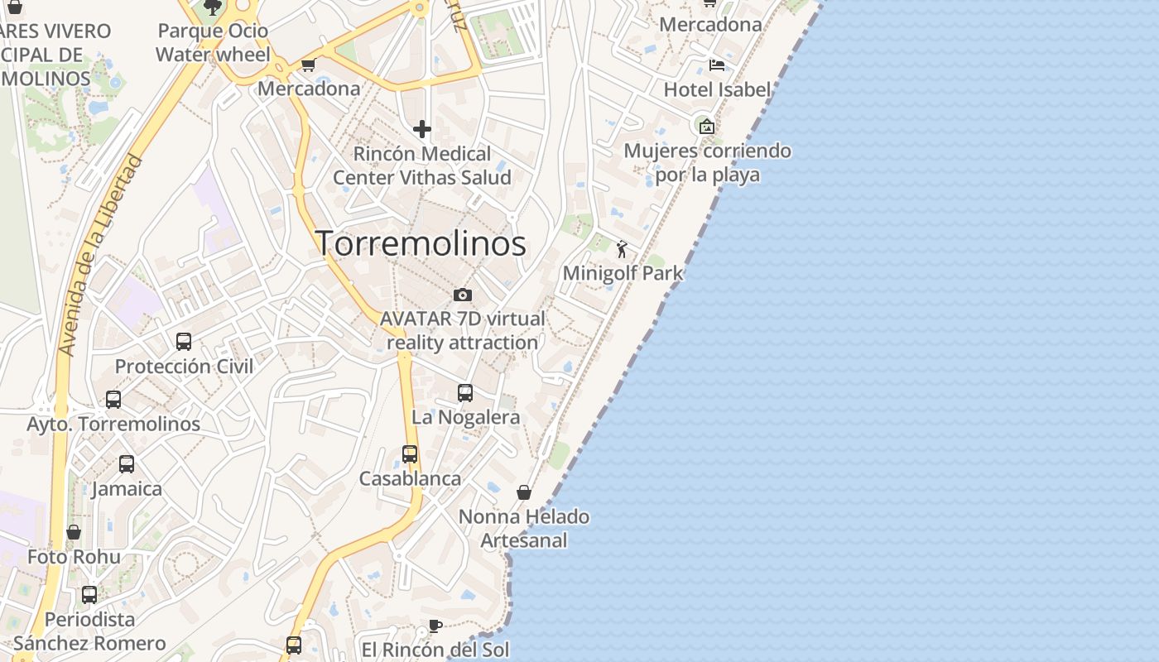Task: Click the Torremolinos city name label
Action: (421, 243)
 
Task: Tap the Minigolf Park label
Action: (623, 273)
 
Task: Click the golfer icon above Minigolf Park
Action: (622, 248)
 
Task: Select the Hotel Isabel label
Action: (717, 89)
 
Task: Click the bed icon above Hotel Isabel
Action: (717, 65)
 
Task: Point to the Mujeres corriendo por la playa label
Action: (707, 163)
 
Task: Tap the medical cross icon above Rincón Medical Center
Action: (422, 129)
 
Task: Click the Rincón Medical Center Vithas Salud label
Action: (422, 165)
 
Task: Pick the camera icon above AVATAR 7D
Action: (463, 295)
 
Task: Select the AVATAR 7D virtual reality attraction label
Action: (462, 330)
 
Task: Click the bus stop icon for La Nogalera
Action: (465, 393)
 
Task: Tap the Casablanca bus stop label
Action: (410, 478)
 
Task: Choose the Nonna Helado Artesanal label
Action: (524, 529)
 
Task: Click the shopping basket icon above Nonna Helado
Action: (524, 492)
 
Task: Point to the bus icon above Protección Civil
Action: (184, 342)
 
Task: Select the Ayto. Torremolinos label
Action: (113, 424)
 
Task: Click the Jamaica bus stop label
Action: (127, 488)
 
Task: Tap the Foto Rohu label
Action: (74, 557)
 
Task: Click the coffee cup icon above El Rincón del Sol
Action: (435, 626)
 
